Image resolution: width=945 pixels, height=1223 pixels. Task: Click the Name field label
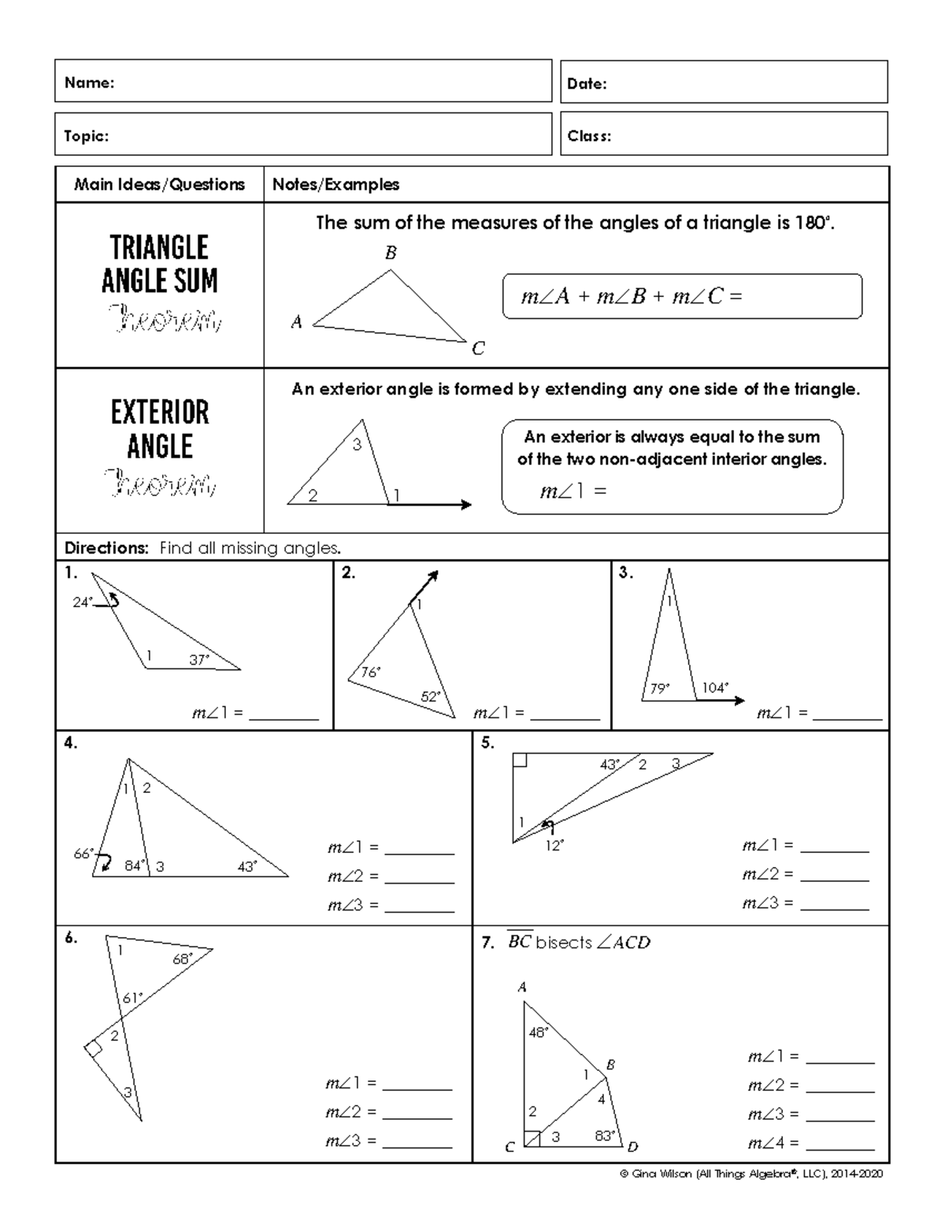tap(89, 83)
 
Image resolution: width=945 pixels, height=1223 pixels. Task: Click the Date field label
tap(587, 83)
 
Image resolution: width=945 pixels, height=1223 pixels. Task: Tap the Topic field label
tap(86, 136)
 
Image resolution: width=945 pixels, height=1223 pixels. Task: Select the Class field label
tap(589, 136)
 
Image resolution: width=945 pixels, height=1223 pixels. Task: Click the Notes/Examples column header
tap(335, 184)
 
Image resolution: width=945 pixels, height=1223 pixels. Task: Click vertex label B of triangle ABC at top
tap(390, 253)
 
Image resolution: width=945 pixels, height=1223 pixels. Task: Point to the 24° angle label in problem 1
tap(83, 602)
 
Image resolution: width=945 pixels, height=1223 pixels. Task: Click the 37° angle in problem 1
tap(199, 660)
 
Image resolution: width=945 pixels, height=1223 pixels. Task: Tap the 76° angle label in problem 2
tap(370, 672)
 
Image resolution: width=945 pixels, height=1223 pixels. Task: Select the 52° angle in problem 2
tap(431, 697)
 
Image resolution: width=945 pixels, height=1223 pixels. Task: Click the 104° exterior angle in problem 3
tap(715, 687)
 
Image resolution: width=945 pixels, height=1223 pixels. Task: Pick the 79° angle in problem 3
tap(659, 688)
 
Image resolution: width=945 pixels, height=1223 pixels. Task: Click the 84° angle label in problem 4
tap(135, 865)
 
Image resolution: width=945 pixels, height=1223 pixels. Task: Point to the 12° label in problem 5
tap(554, 846)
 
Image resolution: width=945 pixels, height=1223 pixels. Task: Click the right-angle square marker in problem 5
tap(520, 760)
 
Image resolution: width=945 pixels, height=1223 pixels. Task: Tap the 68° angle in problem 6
tap(183, 959)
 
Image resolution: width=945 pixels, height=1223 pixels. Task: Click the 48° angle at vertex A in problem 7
tap(538, 1032)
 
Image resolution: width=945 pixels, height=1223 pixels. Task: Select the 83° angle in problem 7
tap(605, 1136)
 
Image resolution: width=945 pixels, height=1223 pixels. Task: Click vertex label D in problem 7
tap(632, 1147)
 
